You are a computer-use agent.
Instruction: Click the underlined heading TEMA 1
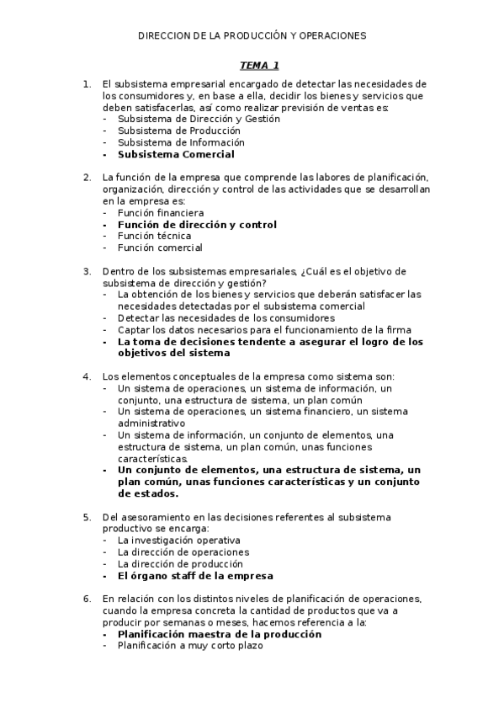(x=259, y=65)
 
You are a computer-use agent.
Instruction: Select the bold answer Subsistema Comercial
(x=176, y=155)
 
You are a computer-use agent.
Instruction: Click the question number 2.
(x=87, y=178)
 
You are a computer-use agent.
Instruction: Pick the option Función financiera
(x=161, y=213)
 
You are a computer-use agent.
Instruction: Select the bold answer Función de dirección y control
(x=197, y=225)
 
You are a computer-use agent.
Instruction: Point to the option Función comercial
(x=160, y=248)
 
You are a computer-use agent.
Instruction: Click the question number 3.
(x=87, y=271)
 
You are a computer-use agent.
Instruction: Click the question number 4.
(x=87, y=376)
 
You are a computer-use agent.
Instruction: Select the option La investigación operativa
(x=179, y=540)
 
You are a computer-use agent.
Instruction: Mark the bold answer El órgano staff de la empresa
(x=195, y=576)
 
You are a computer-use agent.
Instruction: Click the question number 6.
(x=87, y=599)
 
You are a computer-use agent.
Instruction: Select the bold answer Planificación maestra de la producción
(x=220, y=634)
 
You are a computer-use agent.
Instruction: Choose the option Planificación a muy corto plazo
(x=190, y=646)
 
